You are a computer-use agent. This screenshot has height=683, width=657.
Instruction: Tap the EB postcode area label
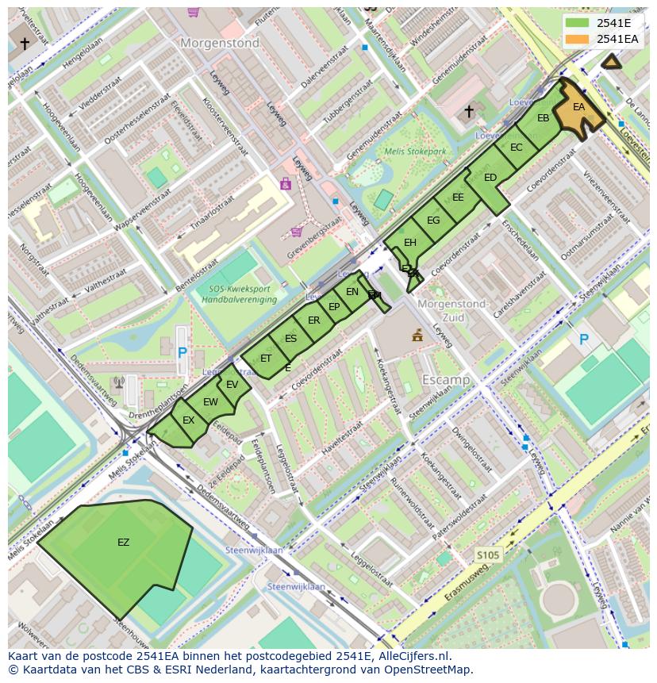[544, 119]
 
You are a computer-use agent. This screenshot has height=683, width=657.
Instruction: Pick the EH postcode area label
[410, 243]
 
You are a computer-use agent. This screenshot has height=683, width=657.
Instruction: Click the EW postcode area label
[210, 402]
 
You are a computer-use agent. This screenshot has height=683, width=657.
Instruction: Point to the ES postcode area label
[290, 339]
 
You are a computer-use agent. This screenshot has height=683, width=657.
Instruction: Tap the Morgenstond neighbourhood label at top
[220, 44]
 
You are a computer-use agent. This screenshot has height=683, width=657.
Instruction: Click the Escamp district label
[446, 380]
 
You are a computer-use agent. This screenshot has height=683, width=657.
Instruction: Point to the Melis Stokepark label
[415, 152]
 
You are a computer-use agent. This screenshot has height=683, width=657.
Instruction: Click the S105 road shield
[487, 555]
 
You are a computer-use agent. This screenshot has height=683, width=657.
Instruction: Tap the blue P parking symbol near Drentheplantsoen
[182, 352]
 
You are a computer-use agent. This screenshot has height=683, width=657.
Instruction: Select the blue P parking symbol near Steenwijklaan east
[584, 340]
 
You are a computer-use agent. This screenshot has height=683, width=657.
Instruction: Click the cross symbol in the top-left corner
[25, 44]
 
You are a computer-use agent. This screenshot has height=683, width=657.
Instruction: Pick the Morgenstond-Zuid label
[451, 310]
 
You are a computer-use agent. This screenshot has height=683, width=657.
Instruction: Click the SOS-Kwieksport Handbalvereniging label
[238, 294]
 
